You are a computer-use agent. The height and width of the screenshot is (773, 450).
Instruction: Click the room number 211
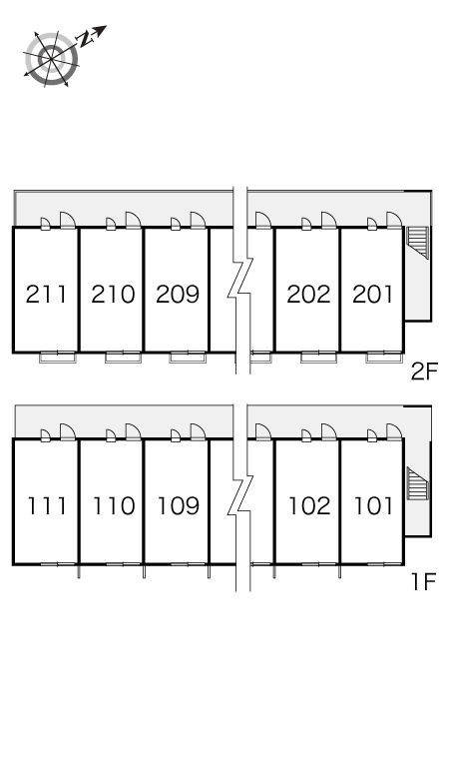[46, 295]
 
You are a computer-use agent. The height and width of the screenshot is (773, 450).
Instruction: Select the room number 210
[113, 295]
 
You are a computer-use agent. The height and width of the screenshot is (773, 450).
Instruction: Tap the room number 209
[178, 295]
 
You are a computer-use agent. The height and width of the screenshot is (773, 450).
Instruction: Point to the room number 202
[308, 295]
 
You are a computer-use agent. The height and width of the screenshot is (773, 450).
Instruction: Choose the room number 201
[373, 295]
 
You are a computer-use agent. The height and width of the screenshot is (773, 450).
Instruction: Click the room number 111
[46, 506]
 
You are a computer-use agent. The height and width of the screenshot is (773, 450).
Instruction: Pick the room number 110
[114, 506]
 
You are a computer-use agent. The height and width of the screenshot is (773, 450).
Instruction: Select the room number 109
[179, 506]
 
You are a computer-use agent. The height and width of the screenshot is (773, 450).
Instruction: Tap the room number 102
[309, 506]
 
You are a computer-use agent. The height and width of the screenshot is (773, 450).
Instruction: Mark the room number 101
[374, 506]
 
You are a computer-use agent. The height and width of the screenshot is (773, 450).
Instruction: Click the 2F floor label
[424, 373]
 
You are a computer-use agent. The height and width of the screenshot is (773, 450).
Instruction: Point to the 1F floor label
[425, 582]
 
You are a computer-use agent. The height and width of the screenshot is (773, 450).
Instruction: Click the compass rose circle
[52, 58]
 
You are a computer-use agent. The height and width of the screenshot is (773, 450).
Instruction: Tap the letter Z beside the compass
[87, 39]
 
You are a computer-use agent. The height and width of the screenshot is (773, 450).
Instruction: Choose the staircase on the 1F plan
[417, 483]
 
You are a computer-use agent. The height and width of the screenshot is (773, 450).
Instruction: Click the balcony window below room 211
[58, 357]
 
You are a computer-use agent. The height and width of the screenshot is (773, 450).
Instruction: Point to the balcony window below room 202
[319, 357]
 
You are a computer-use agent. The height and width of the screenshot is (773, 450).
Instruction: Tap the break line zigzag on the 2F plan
[240, 279]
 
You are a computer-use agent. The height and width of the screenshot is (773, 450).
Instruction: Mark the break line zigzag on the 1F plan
[240, 497]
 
